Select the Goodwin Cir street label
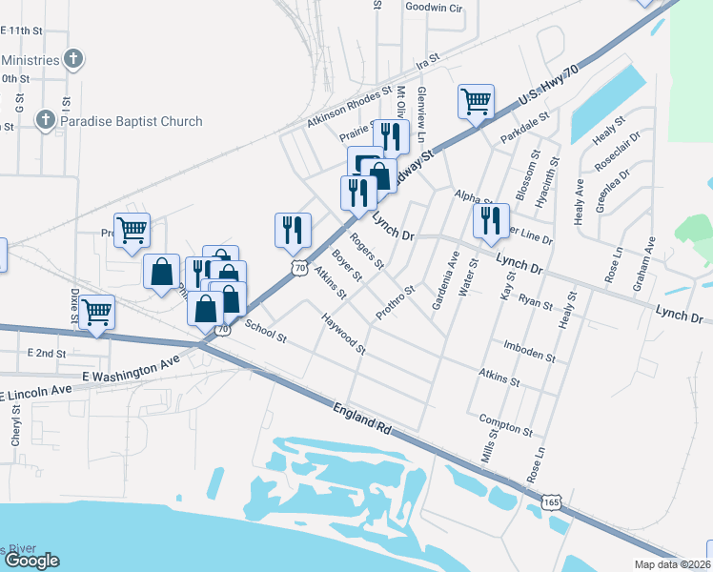(x=433, y=7)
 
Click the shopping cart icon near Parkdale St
(x=476, y=100)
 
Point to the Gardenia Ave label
(x=445, y=280)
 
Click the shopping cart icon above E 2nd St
(x=97, y=312)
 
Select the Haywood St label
(x=343, y=334)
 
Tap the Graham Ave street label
(x=642, y=263)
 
